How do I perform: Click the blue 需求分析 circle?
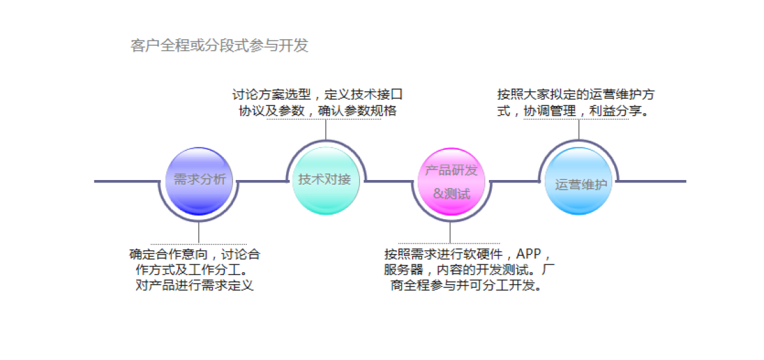(198, 181)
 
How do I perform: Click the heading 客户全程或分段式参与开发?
(219, 46)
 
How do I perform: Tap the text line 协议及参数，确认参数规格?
(318, 111)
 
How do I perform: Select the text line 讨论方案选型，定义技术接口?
(318, 95)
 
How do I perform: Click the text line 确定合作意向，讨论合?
(194, 254)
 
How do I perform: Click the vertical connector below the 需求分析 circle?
(198, 231)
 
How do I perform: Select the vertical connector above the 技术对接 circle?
(325, 130)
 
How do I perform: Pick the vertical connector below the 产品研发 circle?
(450, 232)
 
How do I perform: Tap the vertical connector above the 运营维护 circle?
(579, 129)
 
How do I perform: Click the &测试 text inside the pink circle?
(452, 194)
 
